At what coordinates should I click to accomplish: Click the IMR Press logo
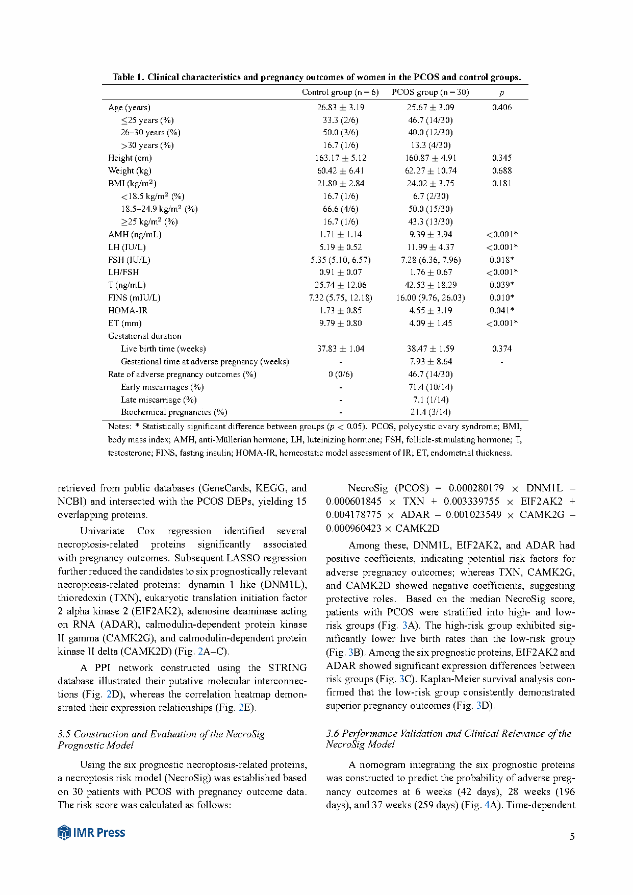(x=91, y=832)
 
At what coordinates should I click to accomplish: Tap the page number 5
(x=572, y=836)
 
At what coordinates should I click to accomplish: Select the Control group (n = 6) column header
(x=340, y=92)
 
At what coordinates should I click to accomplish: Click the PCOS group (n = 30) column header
(x=430, y=92)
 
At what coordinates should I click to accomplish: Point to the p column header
(x=501, y=93)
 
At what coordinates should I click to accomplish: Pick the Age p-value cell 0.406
(x=501, y=107)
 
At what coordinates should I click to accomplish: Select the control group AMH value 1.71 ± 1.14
(x=340, y=234)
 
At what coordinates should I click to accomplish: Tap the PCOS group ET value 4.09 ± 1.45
(x=430, y=323)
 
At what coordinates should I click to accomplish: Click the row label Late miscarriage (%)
(x=159, y=400)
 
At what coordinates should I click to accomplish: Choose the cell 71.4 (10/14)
(x=430, y=387)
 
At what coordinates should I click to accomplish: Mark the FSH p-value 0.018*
(x=501, y=260)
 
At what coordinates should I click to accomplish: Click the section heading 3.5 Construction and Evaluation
(x=161, y=739)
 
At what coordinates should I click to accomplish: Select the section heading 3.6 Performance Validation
(x=448, y=739)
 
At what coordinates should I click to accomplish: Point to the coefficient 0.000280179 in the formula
(x=476, y=488)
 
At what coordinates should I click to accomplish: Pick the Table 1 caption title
(x=317, y=78)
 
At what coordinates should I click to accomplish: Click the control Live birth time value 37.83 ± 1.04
(x=340, y=349)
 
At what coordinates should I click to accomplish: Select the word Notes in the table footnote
(x=119, y=426)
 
